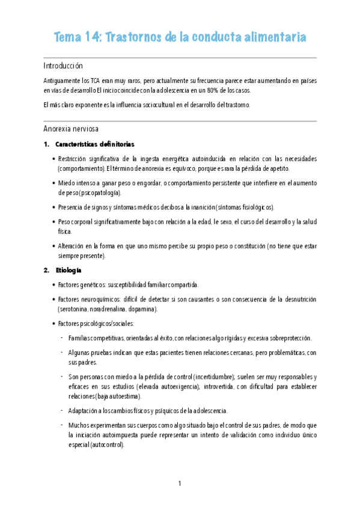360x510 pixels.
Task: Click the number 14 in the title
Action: click(x=94, y=37)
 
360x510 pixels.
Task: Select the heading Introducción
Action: click(x=63, y=66)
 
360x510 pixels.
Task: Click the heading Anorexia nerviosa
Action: click(x=72, y=129)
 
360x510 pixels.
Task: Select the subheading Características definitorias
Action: click(x=95, y=145)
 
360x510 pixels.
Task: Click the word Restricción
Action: click(x=75, y=159)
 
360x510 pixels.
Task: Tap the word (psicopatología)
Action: click(x=97, y=193)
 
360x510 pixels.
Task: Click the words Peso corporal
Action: click(x=78, y=222)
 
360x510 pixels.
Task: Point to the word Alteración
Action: click(x=74, y=247)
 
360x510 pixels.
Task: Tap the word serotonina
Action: click(x=74, y=309)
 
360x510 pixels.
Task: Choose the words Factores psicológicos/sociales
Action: click(x=96, y=324)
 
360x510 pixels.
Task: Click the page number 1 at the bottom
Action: click(x=180, y=484)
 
